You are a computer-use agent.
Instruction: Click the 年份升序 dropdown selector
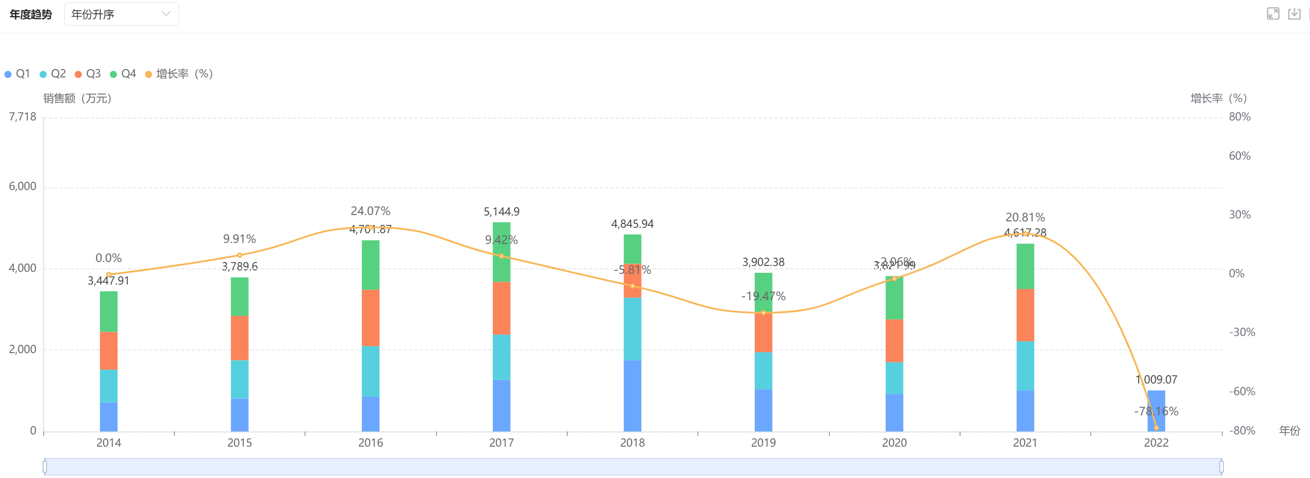point(121,14)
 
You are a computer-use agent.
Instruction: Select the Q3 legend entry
point(88,74)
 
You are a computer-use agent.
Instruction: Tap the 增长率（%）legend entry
point(179,74)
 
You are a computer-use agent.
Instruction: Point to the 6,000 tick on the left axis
point(23,187)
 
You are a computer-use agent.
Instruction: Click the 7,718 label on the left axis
point(23,117)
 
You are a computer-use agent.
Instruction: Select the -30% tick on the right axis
point(1241,332)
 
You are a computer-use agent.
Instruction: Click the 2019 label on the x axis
point(763,442)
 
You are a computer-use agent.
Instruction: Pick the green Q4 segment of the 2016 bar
point(370,264)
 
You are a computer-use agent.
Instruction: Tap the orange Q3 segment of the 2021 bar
point(1025,315)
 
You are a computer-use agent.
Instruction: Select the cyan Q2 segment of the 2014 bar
point(108,385)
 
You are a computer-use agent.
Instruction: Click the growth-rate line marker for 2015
point(239,255)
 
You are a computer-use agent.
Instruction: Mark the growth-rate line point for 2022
point(1156,428)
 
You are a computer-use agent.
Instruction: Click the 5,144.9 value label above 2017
point(501,211)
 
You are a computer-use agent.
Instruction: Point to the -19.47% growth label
point(763,296)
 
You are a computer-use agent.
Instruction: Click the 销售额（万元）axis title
point(77,98)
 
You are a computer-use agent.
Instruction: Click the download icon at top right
point(1294,14)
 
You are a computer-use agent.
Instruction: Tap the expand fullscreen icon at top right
point(1272,14)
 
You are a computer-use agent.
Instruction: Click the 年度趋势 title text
point(30,14)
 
